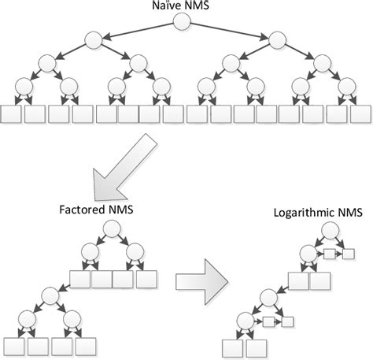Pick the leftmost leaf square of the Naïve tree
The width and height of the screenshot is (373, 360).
(x=11, y=115)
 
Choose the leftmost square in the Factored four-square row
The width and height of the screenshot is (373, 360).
(x=81, y=279)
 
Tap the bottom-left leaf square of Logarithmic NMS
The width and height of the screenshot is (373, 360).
(x=231, y=347)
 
